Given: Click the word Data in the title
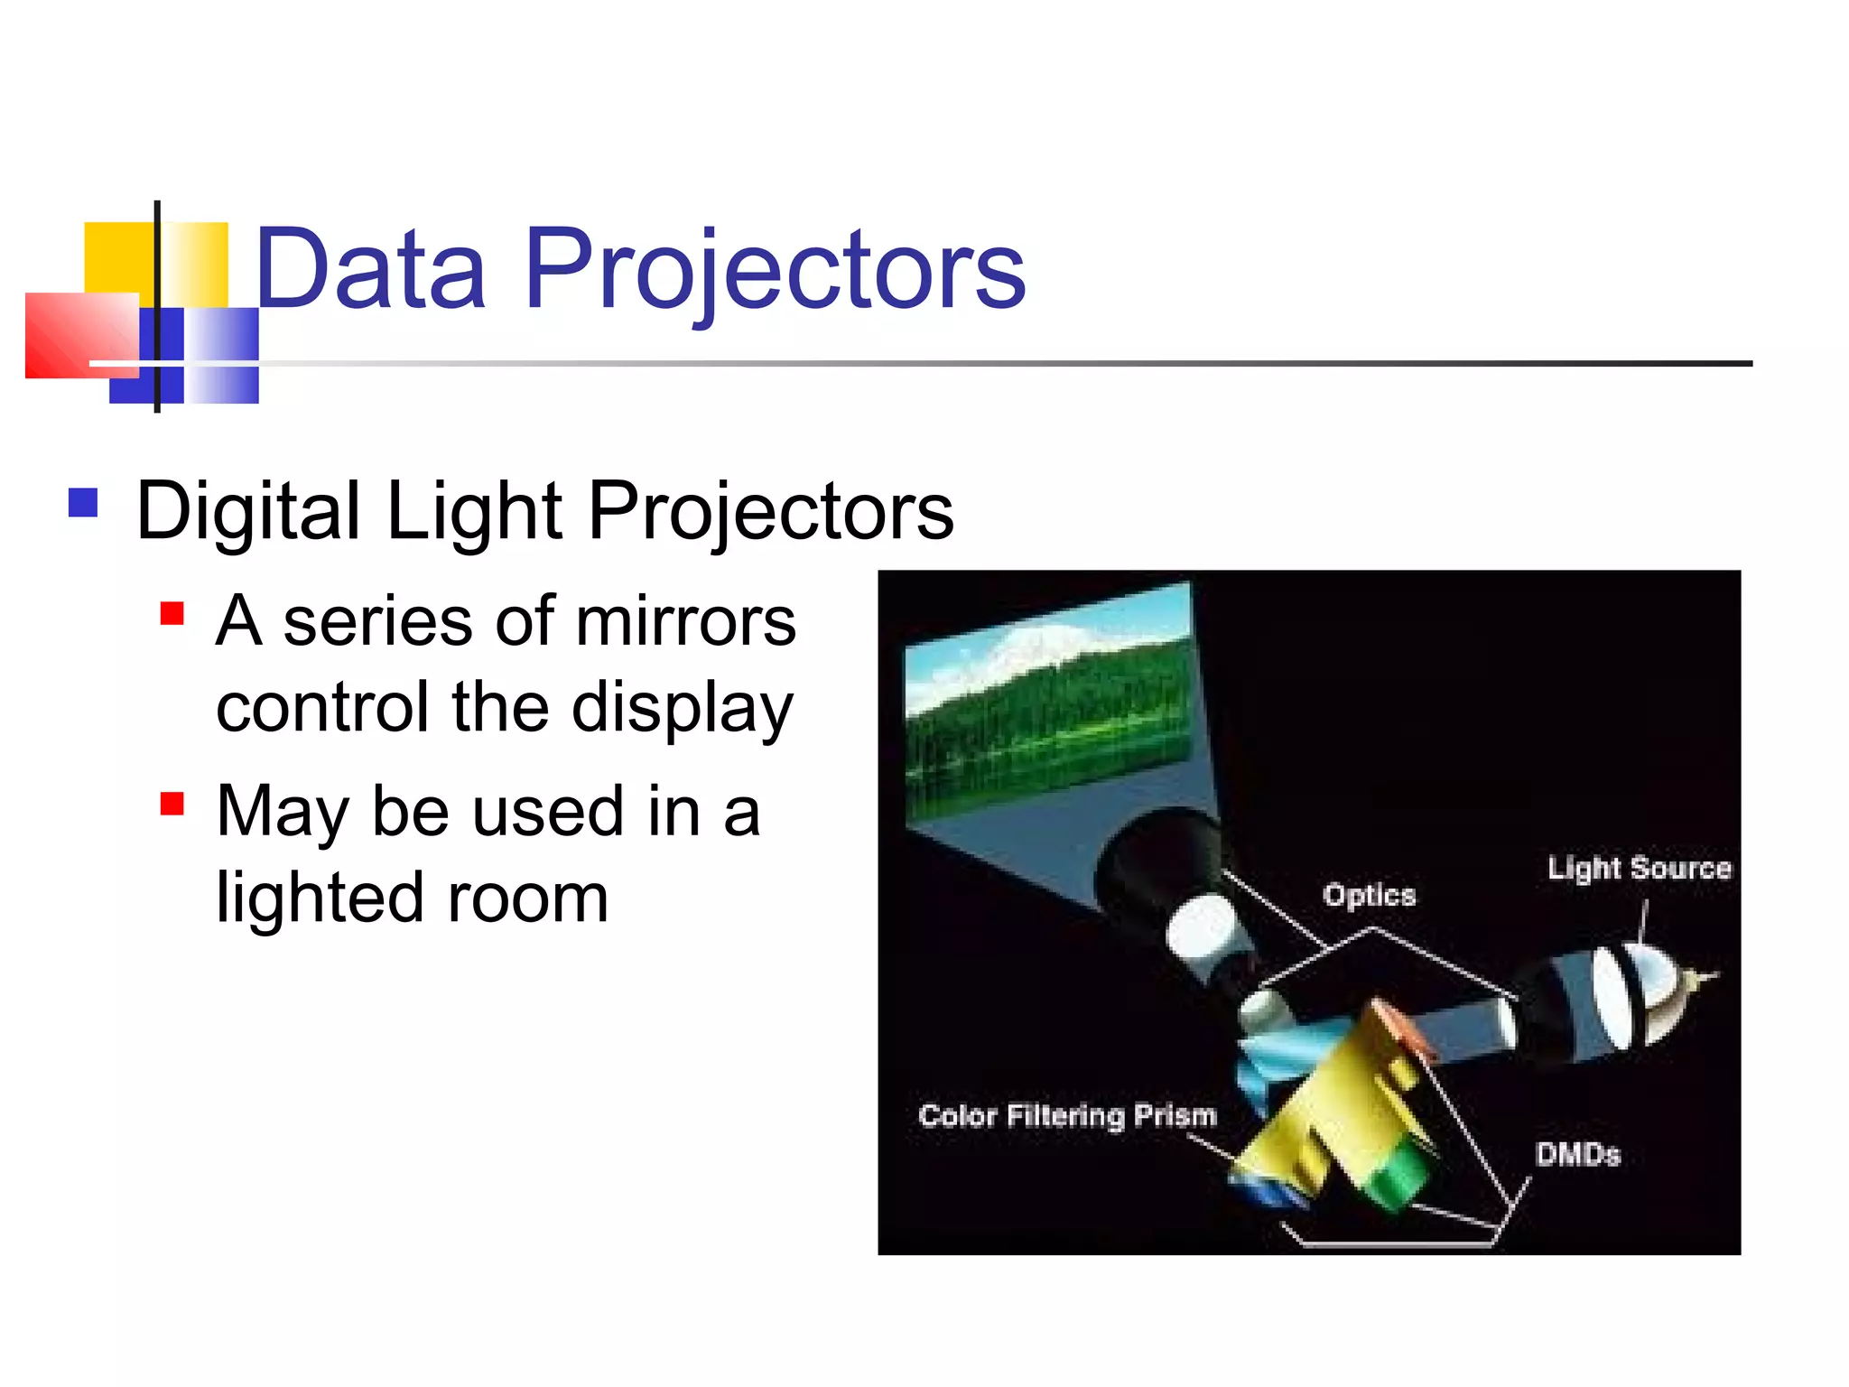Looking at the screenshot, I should (370, 269).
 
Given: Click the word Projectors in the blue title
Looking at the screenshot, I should (775, 269).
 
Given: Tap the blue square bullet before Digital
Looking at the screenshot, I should (83, 502).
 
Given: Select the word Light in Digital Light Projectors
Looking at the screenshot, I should (474, 511).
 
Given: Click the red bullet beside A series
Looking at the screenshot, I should (172, 614).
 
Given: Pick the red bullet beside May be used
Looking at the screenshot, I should (172, 803).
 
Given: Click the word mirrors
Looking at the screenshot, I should (686, 622).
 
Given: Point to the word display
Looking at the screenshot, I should (683, 709).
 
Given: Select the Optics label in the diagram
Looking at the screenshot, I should (1369, 895).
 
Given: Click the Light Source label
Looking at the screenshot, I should (1639, 868).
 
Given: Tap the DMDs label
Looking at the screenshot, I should (1577, 1154).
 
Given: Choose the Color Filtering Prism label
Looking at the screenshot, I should (1067, 1115).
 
